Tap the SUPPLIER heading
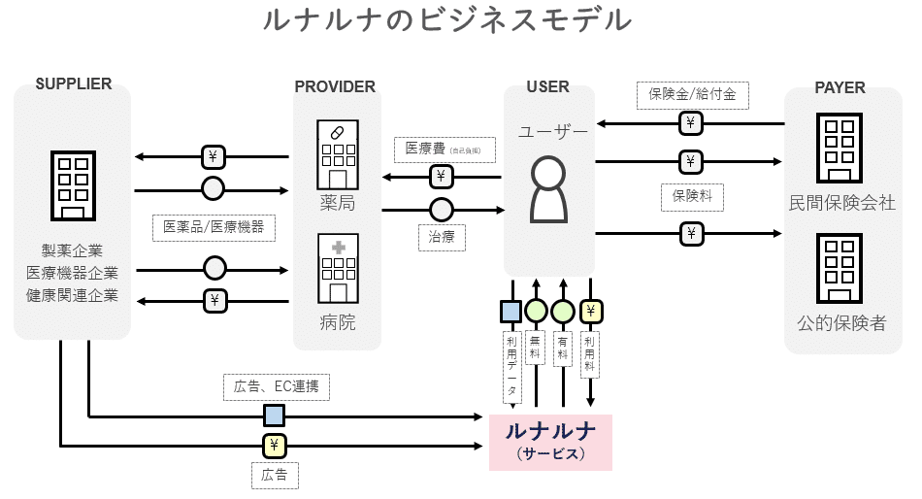point(73,84)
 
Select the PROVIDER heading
point(335,86)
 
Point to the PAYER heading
point(840,86)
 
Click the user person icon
point(548,188)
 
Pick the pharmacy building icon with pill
point(337,154)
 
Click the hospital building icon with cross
point(337,268)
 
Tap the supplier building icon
point(72,185)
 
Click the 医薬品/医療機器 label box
point(213,227)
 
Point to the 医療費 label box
point(443,150)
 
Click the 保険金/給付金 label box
point(692,94)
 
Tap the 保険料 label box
point(691,195)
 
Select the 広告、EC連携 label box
point(276,387)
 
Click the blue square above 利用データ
point(510,312)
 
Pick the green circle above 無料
point(536,312)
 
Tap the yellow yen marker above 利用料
point(590,312)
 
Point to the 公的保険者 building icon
point(841,266)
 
